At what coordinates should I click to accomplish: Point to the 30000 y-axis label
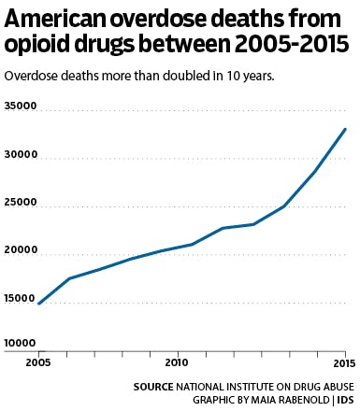point(20,155)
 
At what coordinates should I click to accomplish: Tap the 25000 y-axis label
point(20,203)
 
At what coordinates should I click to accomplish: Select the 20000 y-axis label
point(20,250)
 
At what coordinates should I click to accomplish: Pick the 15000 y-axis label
point(20,297)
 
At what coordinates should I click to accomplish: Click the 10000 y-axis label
point(20,344)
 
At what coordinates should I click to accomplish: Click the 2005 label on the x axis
point(37,361)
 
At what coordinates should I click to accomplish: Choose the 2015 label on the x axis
point(344,361)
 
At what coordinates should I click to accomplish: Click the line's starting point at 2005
point(38,304)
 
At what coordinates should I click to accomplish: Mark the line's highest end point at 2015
point(346,129)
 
